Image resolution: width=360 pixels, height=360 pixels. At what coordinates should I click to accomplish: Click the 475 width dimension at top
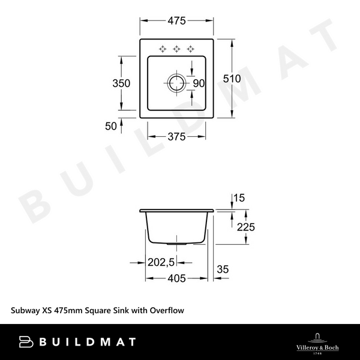pos(176,20)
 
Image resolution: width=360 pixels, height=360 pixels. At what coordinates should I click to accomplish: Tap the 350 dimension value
pos(122,84)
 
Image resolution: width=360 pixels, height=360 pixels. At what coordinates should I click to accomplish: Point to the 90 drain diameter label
pos(199,83)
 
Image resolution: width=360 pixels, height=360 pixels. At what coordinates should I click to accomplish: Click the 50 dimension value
pos(111,126)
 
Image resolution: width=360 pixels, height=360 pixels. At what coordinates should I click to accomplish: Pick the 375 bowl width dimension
pos(176,136)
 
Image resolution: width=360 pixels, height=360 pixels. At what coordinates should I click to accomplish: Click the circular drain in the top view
pos(176,83)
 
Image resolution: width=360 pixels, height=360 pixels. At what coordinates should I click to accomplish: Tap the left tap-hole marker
pos(163,49)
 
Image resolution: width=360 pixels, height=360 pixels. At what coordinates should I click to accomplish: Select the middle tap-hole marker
pos(176,49)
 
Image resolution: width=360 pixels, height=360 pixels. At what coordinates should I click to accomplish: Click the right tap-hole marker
pos(190,49)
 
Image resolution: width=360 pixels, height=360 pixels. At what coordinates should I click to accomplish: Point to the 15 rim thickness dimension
pos(240,197)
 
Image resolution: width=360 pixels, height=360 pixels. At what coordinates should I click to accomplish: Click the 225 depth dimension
pos(247,226)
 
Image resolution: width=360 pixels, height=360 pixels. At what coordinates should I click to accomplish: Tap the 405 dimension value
pos(176,278)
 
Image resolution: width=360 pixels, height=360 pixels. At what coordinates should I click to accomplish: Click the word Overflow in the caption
pos(165,311)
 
